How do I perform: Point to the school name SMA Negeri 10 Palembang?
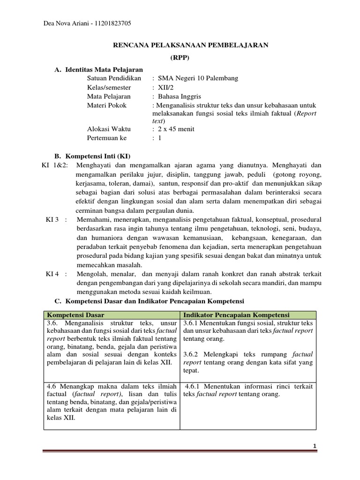pos(198,78)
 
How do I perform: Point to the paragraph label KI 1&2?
pos(54,165)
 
